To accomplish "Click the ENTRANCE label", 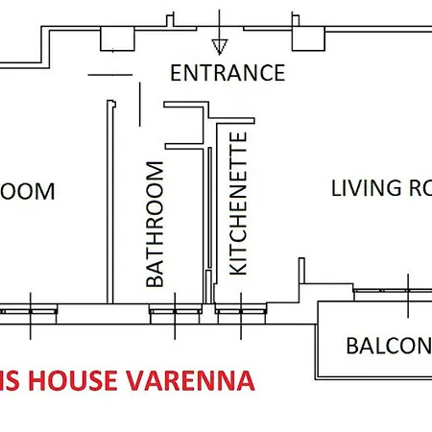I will coord(227,73).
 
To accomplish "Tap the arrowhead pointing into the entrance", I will coord(219,44).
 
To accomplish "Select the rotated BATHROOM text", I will coord(156,226).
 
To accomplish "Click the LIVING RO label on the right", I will coord(379,188).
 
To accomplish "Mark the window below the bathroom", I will coord(175,311).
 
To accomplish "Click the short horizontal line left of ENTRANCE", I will coord(107,74).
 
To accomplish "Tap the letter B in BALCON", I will coord(352,346).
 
